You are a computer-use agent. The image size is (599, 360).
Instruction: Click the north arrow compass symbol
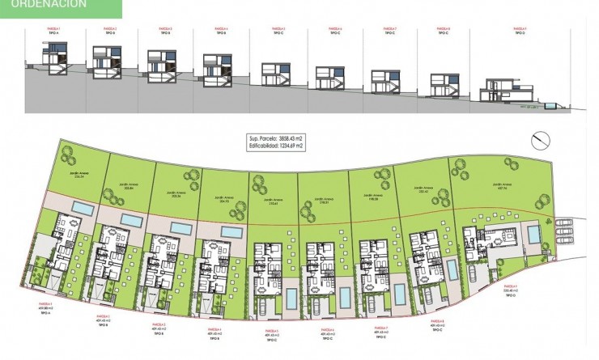537,140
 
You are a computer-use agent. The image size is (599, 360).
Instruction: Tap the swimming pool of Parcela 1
82,209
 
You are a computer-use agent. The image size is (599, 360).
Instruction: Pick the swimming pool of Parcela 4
231,232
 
